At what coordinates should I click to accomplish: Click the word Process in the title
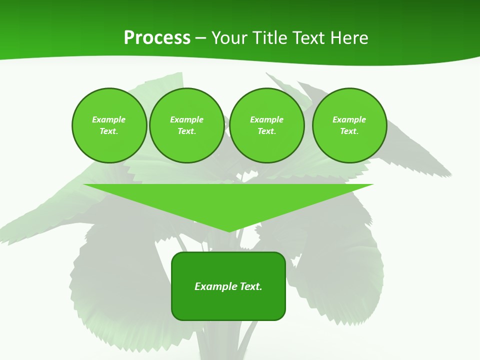157,38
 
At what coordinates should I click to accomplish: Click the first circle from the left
109,125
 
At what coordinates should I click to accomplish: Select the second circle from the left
187,125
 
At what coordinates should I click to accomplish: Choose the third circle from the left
267,125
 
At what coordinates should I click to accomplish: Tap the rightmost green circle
349,125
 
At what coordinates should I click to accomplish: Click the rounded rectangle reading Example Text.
228,286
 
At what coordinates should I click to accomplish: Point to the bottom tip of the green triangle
229,231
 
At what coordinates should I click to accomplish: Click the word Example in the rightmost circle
349,119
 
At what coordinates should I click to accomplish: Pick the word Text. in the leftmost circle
109,131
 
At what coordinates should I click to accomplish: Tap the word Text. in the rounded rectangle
250,286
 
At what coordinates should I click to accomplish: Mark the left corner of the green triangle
84,184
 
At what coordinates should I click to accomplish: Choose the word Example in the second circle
186,119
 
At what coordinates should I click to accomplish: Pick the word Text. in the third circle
267,131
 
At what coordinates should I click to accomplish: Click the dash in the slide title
200,38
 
